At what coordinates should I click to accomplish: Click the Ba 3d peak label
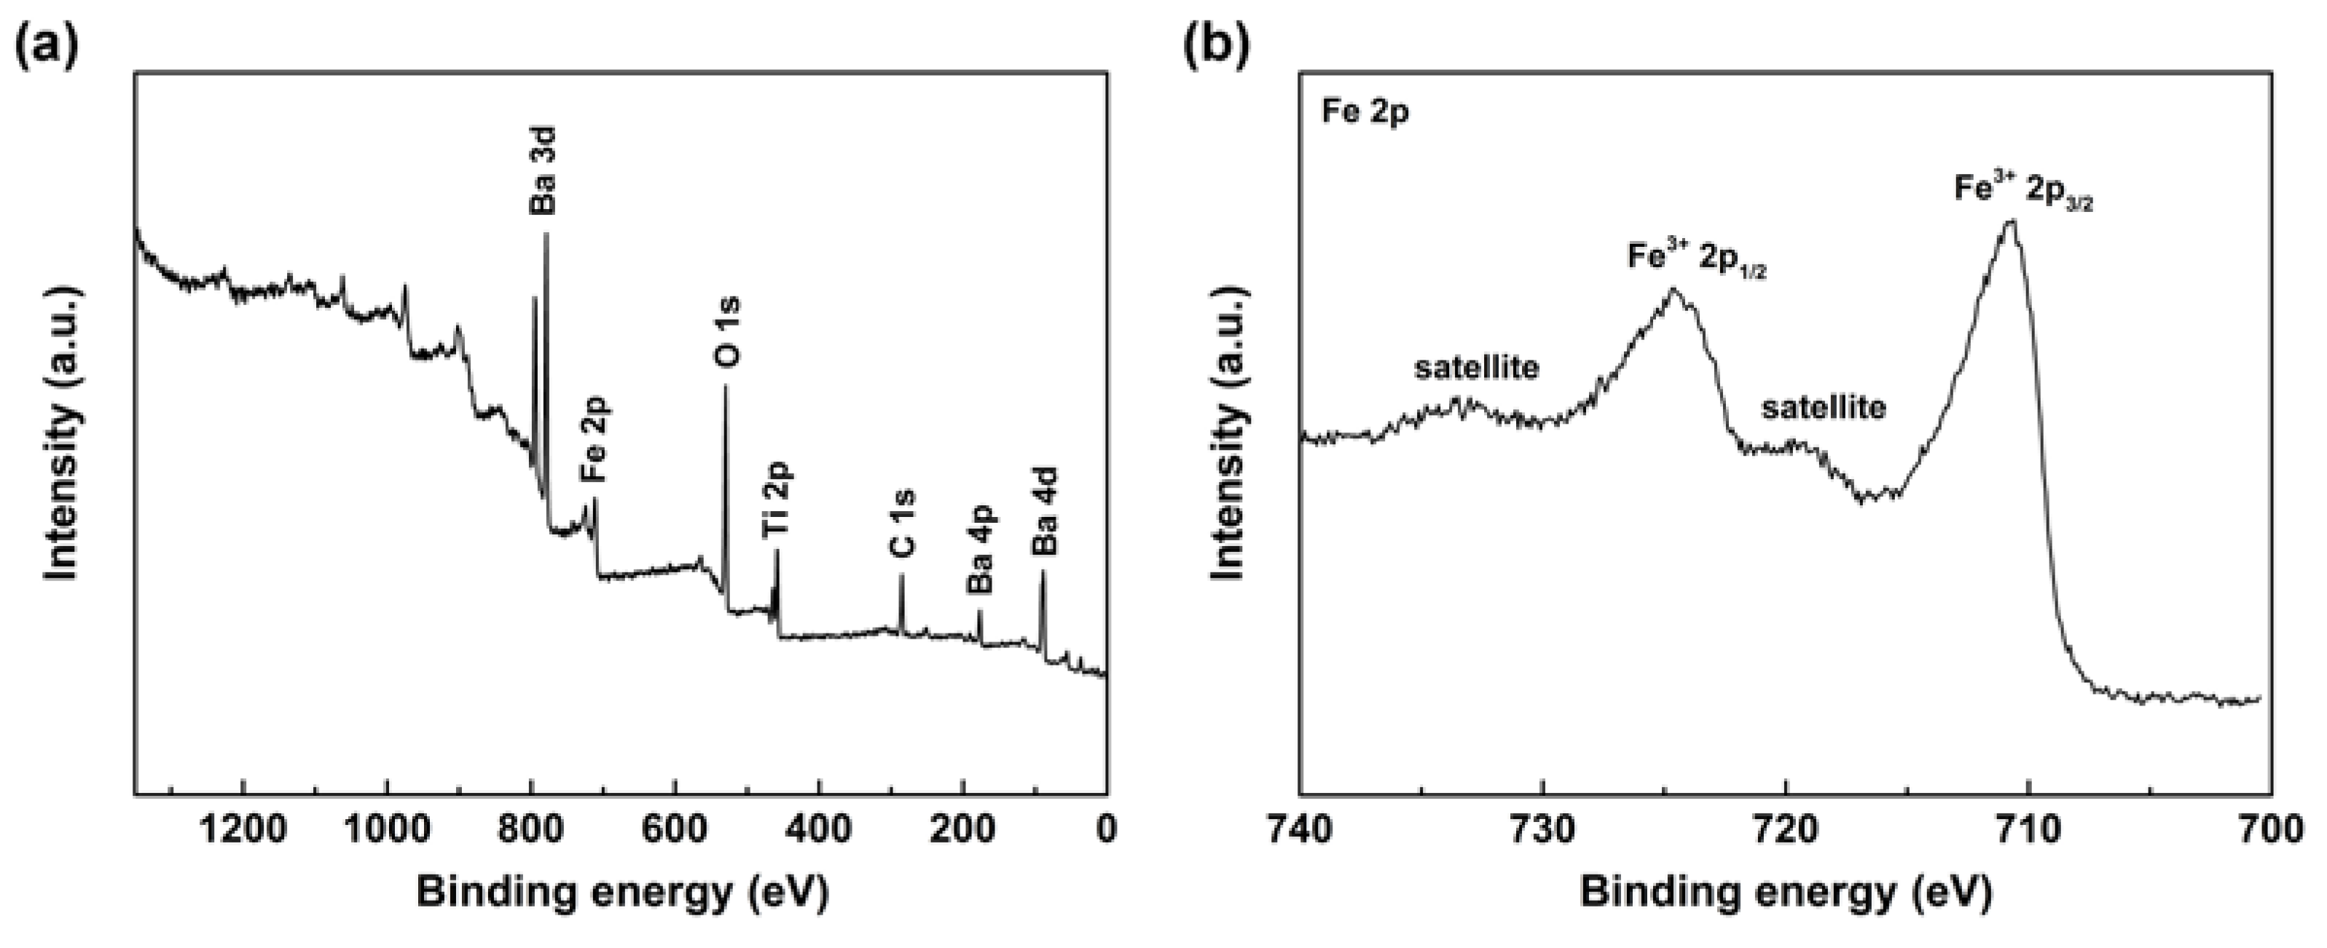pyautogui.click(x=542, y=170)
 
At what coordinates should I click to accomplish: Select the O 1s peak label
pyautogui.click(x=727, y=331)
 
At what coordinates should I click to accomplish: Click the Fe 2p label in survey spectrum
pyautogui.click(x=595, y=440)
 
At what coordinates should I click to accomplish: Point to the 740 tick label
pyautogui.click(x=1300, y=829)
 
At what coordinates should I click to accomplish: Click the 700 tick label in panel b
pyautogui.click(x=2271, y=829)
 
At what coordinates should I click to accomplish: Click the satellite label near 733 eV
pyautogui.click(x=1476, y=368)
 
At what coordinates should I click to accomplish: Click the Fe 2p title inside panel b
pyautogui.click(x=1364, y=113)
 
